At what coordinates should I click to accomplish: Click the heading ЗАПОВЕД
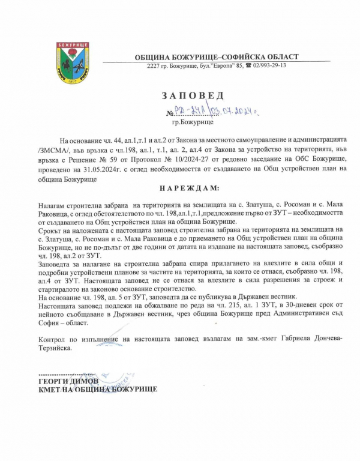click(191, 95)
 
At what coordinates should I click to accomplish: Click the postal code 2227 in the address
click(153, 65)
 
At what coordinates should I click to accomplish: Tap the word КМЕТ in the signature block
click(49, 389)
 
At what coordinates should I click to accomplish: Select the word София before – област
click(49, 322)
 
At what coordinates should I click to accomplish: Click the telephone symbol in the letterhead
click(247, 65)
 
